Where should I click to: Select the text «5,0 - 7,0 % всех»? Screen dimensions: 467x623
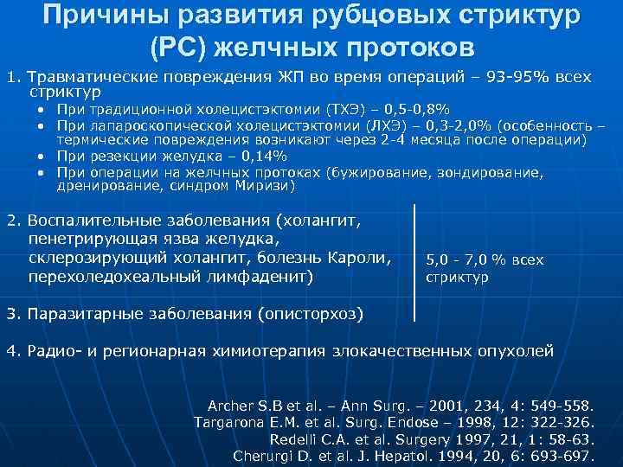pos(484,260)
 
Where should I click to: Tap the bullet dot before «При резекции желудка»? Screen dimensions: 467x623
pos(42,157)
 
